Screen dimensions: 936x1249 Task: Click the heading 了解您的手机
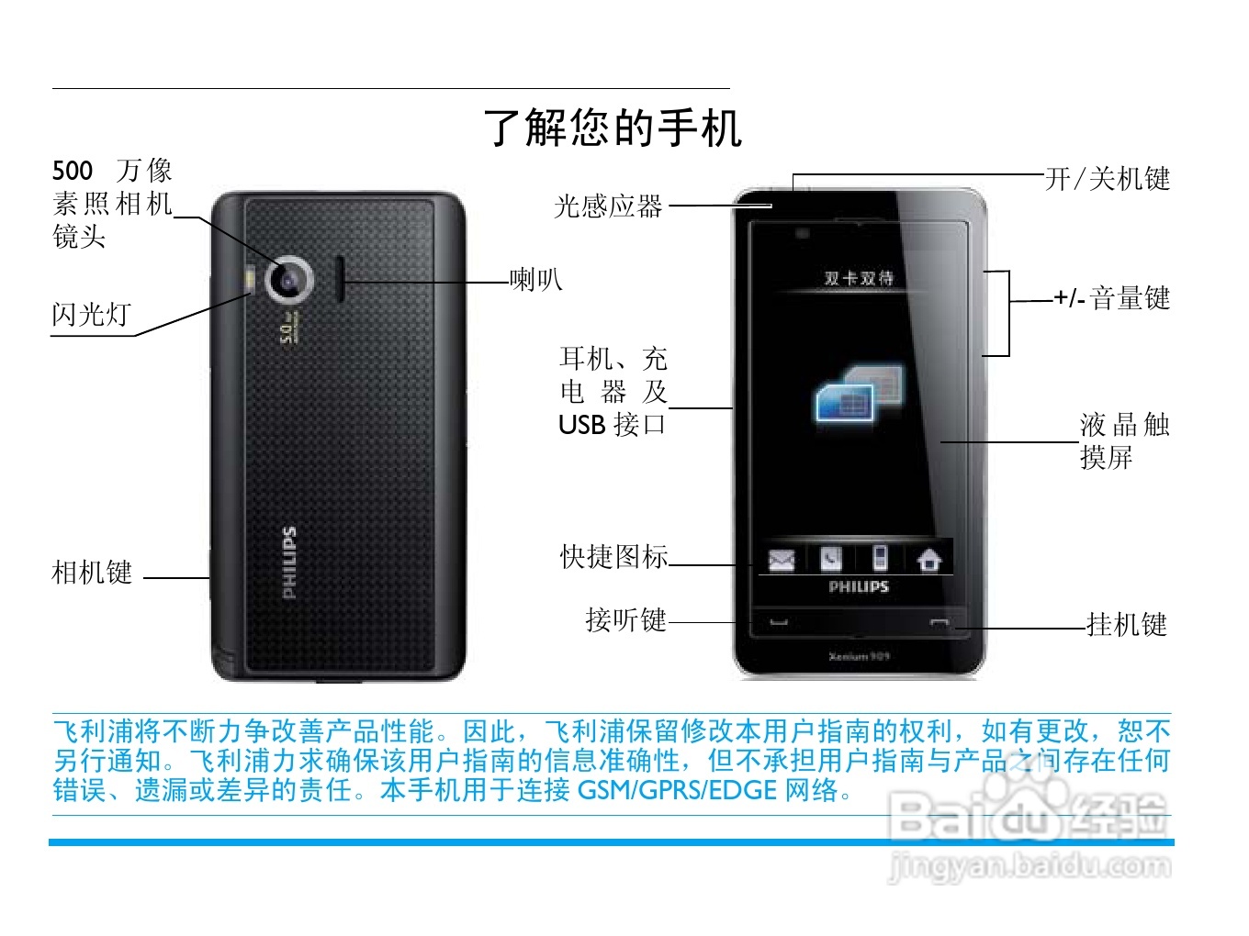613,127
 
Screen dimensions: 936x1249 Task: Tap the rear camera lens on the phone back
290,279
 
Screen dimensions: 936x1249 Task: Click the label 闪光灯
91,315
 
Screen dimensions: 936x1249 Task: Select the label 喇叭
536,279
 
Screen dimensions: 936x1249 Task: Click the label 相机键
92,573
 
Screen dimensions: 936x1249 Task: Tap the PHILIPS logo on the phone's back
289,563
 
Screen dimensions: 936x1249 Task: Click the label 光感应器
608,206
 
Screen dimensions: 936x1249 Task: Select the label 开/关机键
1108,179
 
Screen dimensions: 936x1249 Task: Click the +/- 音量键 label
1112,298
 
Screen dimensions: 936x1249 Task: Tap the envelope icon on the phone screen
781,559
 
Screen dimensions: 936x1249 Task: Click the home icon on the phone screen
929,559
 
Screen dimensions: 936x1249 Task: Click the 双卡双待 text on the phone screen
859,278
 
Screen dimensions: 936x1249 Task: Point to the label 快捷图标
613,556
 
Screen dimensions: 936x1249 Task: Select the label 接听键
625,620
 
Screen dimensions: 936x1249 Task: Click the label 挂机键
1127,625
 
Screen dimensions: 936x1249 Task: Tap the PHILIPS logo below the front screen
859,586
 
